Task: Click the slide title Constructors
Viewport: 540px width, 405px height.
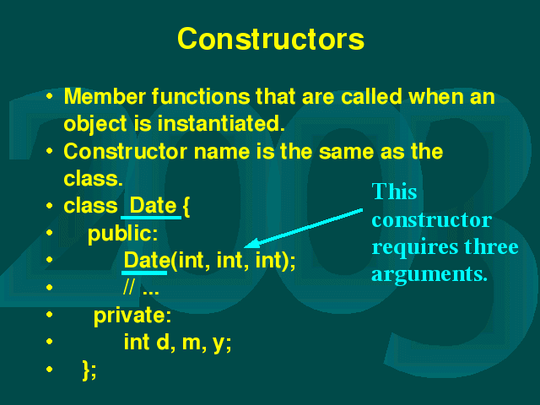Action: tap(271, 39)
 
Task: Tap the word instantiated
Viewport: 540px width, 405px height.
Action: tap(221, 123)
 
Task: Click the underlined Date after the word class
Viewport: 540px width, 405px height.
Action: tap(153, 206)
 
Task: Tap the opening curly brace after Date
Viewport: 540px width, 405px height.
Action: tap(186, 206)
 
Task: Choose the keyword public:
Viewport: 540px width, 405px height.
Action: tap(122, 234)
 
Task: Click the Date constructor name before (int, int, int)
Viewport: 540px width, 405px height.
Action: tap(146, 260)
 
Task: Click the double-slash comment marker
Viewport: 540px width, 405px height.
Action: tap(129, 287)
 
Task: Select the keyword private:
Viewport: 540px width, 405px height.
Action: tap(132, 316)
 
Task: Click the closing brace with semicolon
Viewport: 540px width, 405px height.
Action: tap(89, 370)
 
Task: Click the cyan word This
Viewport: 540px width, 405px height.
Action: tap(394, 192)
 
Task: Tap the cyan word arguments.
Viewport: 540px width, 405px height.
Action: tap(429, 275)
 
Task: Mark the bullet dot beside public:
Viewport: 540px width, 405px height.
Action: tap(50, 233)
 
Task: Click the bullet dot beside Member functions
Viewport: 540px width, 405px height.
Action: tap(50, 96)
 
